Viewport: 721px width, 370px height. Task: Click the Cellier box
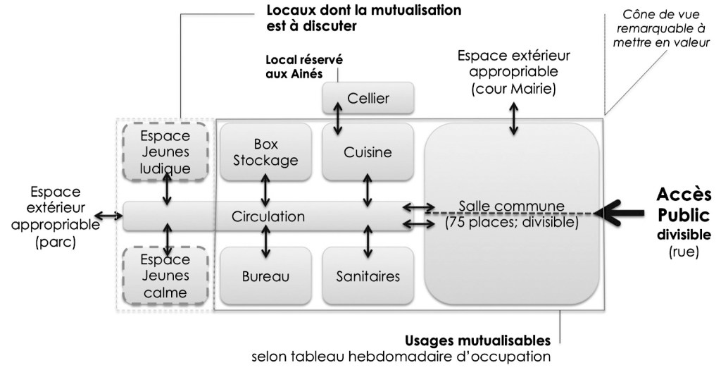(x=367, y=99)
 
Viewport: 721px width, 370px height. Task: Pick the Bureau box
(x=265, y=276)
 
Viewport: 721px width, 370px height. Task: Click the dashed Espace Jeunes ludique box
(x=165, y=151)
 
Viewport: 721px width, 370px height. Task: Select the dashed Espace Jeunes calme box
(x=165, y=275)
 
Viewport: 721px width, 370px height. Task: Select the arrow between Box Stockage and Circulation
(x=265, y=189)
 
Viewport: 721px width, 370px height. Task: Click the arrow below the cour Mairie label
(x=513, y=120)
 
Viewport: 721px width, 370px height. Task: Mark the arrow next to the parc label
(x=108, y=216)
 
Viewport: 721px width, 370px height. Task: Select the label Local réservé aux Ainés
(x=301, y=66)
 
